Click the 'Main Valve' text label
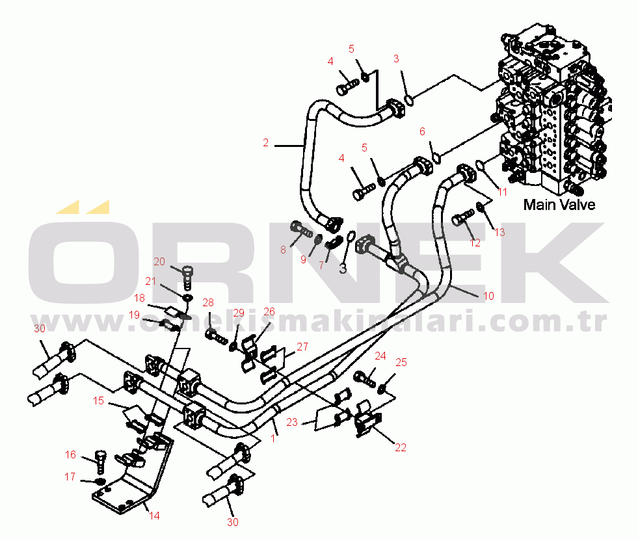tap(559, 205)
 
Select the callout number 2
tap(265, 143)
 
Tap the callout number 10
tap(489, 296)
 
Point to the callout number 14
tap(154, 516)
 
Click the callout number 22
tap(400, 447)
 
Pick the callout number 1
tap(272, 439)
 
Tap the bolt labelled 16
tap(101, 459)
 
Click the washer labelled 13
tap(481, 207)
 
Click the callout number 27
tap(302, 347)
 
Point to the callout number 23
tap(292, 422)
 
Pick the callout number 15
tap(98, 401)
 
